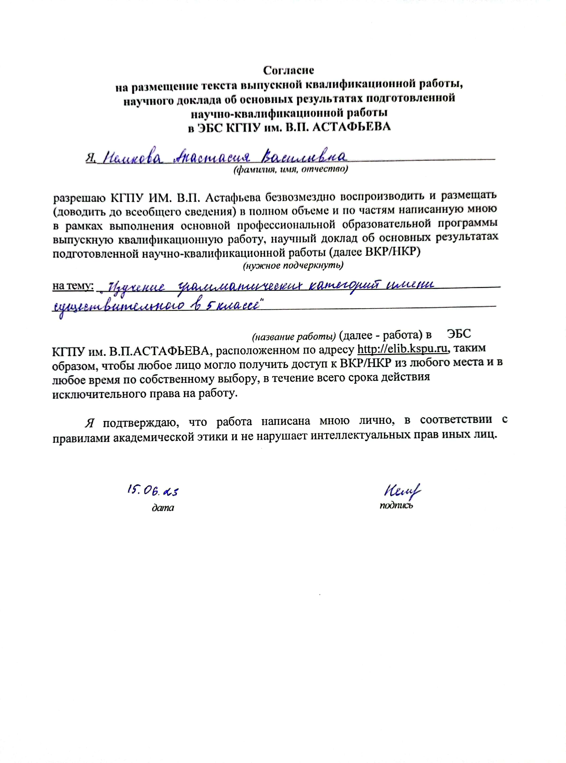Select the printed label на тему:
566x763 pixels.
[73, 286]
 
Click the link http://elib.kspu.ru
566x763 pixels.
[403, 349]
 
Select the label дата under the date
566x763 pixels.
[163, 507]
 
